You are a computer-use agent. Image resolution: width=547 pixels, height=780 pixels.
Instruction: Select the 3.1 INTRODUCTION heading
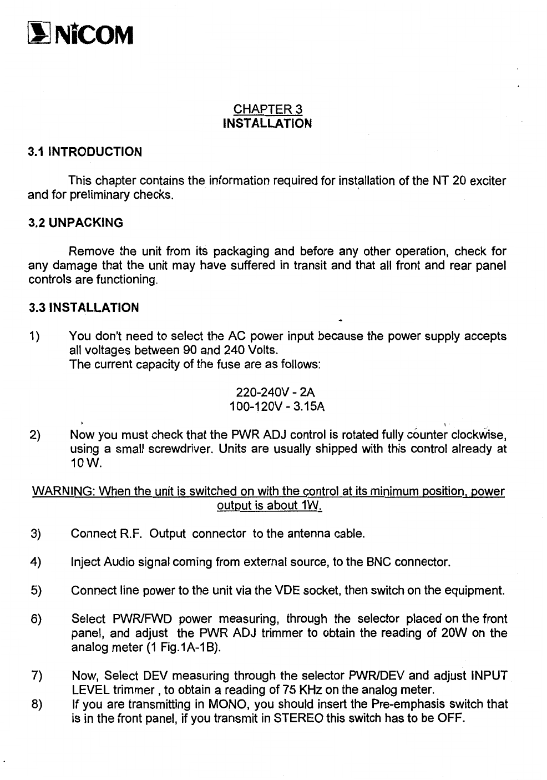85,152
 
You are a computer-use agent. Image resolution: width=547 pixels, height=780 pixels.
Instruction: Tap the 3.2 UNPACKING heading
75,223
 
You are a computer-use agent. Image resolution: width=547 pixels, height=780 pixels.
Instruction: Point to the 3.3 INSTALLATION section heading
83,308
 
